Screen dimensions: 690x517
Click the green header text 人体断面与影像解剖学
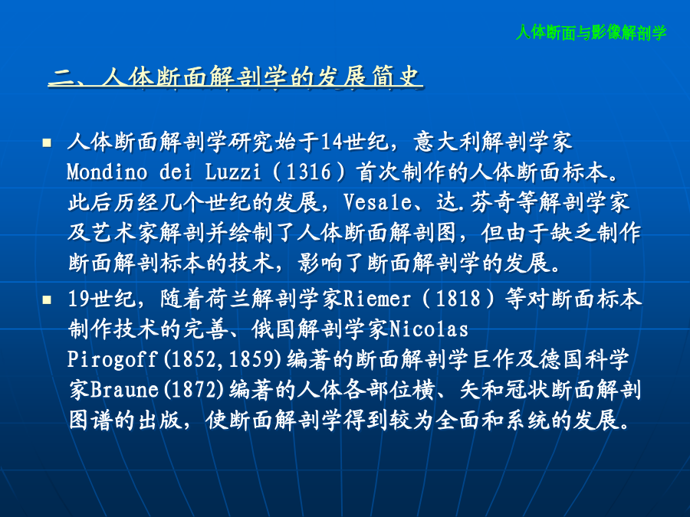(x=591, y=32)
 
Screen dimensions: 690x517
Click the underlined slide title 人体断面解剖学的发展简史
(x=235, y=77)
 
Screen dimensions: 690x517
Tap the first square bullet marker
(x=47, y=142)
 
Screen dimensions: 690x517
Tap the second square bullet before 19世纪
(x=47, y=299)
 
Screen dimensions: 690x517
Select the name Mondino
(x=107, y=172)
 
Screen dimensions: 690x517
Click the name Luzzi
(x=233, y=172)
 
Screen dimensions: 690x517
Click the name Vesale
(x=377, y=202)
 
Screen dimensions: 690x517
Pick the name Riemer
(x=376, y=299)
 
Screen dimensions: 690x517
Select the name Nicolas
(x=429, y=329)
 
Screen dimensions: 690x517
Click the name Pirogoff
(x=112, y=359)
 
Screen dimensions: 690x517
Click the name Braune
(x=124, y=390)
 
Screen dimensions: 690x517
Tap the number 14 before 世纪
(x=332, y=142)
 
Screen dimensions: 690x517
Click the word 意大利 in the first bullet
(x=447, y=142)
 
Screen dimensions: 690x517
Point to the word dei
(x=176, y=172)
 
